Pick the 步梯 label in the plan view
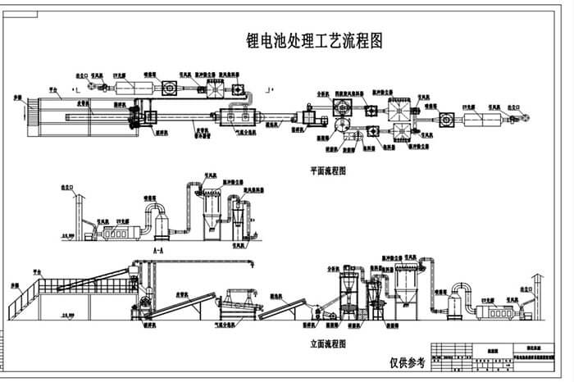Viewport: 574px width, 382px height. coord(16,98)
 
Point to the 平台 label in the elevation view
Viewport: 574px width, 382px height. coord(33,268)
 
